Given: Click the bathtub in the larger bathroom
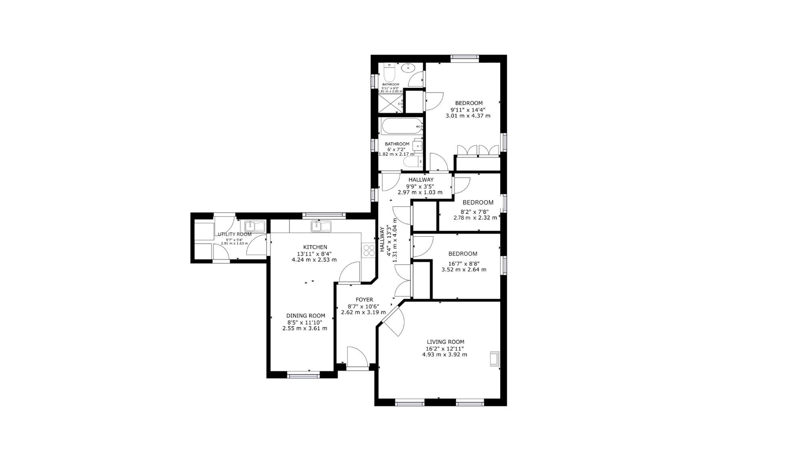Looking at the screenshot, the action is tap(401, 127).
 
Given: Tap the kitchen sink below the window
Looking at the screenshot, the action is tap(321, 226).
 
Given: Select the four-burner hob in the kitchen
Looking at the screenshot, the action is tap(368, 250).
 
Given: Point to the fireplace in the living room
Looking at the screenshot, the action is tap(494, 359).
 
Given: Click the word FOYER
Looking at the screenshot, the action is tap(364, 300).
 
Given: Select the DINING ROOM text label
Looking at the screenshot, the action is tap(305, 316).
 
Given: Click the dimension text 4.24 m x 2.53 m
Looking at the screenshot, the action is tap(314, 260).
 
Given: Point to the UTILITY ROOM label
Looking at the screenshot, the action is tap(235, 234).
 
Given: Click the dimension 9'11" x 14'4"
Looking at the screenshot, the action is tap(468, 110).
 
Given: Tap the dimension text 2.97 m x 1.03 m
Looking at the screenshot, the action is tap(420, 192).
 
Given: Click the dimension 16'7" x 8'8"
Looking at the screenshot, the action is tap(463, 263).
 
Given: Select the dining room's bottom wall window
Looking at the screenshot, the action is tap(304, 376).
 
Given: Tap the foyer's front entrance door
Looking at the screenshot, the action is tap(357, 358).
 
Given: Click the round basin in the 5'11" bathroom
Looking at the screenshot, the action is tap(408, 67).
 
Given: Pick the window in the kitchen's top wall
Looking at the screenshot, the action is tap(324, 215).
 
